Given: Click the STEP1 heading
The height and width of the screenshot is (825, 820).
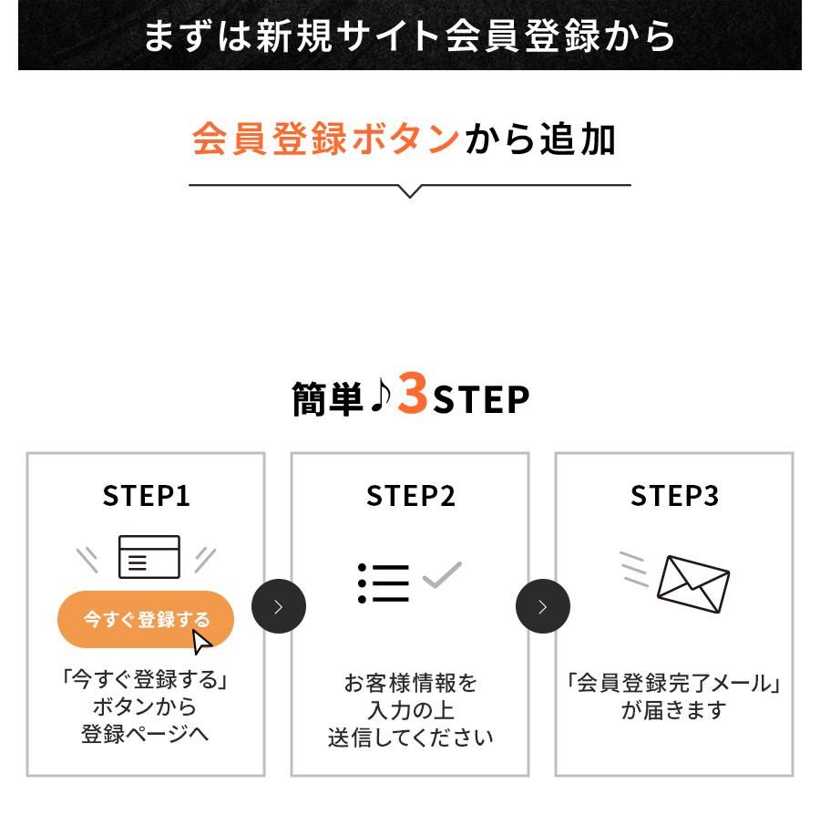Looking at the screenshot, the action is point(146,496).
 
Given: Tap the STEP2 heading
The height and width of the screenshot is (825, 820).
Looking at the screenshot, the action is point(410,496).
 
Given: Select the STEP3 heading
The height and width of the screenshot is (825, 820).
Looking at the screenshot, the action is point(674,496).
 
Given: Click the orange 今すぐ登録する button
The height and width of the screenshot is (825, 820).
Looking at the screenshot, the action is point(146,619).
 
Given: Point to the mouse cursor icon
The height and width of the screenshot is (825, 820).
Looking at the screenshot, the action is point(200,642).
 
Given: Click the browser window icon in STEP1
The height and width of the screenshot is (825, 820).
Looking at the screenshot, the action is point(149,557).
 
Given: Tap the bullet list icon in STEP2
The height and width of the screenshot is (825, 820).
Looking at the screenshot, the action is point(383,583).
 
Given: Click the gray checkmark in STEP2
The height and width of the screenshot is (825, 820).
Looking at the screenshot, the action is point(442,574).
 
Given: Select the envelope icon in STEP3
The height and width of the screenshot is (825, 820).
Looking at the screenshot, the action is point(692,584).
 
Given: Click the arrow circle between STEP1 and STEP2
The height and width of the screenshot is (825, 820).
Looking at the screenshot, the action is point(279,606).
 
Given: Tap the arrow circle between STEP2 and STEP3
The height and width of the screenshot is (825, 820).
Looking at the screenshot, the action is point(543,606).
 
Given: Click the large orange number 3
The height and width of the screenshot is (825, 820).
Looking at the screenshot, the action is point(413,393).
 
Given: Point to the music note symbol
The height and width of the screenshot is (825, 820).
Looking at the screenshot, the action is point(380,396).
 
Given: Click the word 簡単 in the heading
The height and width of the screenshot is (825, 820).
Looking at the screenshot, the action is point(328,398).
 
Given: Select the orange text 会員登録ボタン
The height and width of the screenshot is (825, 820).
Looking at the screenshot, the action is point(326,139).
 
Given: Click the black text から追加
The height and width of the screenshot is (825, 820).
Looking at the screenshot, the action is point(539,139).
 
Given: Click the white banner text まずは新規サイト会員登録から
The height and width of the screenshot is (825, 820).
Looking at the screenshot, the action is point(410,36).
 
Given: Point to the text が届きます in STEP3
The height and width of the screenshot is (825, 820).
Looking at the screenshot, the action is point(674,710).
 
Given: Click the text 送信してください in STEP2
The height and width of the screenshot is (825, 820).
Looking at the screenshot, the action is point(410,737).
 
